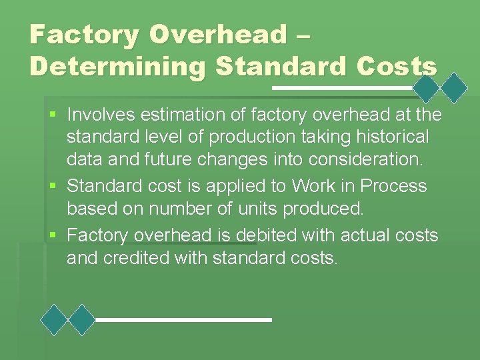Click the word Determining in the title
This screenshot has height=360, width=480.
pyautogui.click(x=111, y=67)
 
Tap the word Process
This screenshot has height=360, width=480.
pyautogui.click(x=391, y=185)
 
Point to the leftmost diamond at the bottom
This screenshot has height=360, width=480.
pyautogui.click(x=55, y=320)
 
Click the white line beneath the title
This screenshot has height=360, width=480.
pyautogui.click(x=344, y=87)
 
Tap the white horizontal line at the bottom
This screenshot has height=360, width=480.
pyautogui.click(x=184, y=320)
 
